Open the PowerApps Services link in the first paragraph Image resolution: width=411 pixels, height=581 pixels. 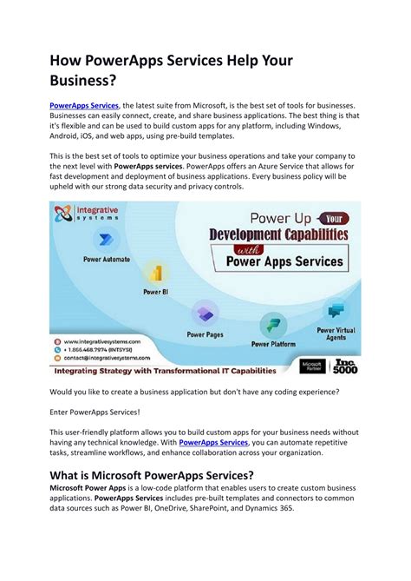[84, 104]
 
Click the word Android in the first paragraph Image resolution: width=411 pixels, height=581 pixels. [70, 138]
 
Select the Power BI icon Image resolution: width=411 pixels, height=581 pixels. [154, 274]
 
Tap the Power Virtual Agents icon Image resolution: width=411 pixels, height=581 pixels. [336, 310]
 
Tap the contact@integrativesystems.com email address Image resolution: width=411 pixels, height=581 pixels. [106, 358]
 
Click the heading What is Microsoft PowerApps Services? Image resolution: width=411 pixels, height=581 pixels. [151, 475]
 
